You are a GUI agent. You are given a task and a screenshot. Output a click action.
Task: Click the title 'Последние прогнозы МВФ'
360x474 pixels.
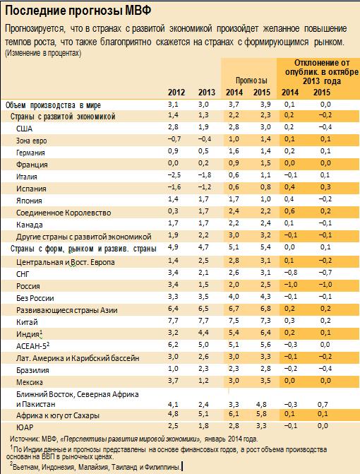pyautogui.click(x=78, y=11)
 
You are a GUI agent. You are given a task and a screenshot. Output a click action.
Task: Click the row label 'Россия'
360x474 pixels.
pyautogui.click(x=28, y=286)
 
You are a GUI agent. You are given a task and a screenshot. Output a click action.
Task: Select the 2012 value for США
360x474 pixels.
pyautogui.click(x=173, y=126)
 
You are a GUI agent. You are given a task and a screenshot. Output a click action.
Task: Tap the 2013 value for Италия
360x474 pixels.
pyautogui.click(x=205, y=174)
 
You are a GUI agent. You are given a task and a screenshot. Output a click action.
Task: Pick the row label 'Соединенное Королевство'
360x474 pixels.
pyautogui.click(x=64, y=213)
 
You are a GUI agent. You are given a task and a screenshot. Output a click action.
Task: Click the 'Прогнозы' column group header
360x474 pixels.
pyautogui.click(x=251, y=81)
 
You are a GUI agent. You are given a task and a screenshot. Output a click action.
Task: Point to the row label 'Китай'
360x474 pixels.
pyautogui.click(x=28, y=322)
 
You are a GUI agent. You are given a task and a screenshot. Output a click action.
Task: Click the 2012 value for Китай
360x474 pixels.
pyautogui.click(x=173, y=321)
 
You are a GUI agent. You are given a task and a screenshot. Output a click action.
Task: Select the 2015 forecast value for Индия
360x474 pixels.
pyautogui.click(x=265, y=333)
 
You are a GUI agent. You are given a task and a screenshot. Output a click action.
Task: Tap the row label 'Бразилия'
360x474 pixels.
pyautogui.click(x=32, y=370)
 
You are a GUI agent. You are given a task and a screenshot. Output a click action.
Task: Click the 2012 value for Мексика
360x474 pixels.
pyautogui.click(x=173, y=381)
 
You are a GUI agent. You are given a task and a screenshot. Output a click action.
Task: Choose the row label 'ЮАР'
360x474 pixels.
pyautogui.click(x=25, y=427)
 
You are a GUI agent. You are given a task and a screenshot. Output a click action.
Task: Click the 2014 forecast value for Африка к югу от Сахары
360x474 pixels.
pyautogui.click(x=234, y=413)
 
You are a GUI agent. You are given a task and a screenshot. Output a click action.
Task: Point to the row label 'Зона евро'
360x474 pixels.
pyautogui.click(x=31, y=141)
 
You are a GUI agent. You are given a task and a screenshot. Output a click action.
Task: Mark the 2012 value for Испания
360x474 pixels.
pyautogui.click(x=174, y=186)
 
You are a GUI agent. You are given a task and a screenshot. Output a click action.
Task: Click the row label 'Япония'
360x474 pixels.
pyautogui.click(x=29, y=201)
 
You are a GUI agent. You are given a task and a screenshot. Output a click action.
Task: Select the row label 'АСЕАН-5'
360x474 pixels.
pyautogui.click(x=32, y=345)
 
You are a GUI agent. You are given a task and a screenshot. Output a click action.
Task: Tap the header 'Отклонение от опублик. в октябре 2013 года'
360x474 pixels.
pyautogui.click(x=322, y=72)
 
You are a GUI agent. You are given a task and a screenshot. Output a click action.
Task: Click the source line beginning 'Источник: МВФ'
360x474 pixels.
pyautogui.click(x=134, y=439)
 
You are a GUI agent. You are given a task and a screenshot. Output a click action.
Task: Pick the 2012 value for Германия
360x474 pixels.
pyautogui.click(x=173, y=151)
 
